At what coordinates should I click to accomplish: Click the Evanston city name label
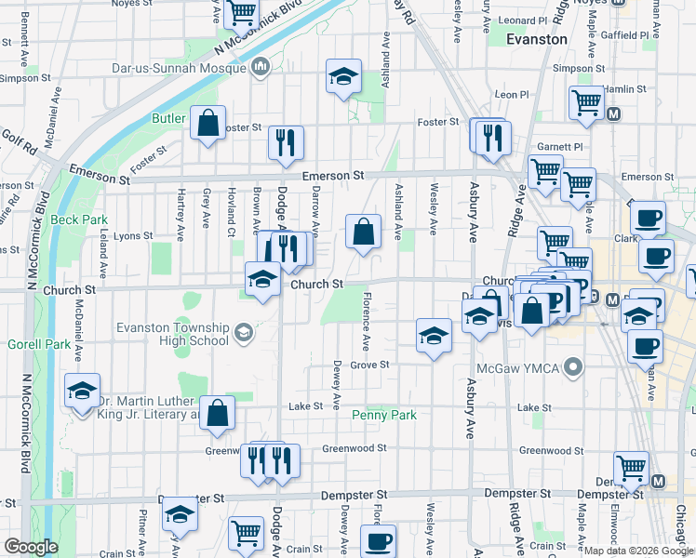click(x=537, y=40)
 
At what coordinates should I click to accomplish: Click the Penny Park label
click(x=383, y=415)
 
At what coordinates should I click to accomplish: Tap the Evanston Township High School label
click(x=172, y=334)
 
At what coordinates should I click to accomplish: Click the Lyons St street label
click(x=132, y=236)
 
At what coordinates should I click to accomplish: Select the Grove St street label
click(x=368, y=365)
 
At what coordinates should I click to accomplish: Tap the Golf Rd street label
click(x=18, y=146)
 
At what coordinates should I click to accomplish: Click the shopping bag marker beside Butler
click(x=207, y=122)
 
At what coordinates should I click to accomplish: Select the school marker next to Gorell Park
click(x=82, y=391)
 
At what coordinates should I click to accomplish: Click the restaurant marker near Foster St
click(x=285, y=141)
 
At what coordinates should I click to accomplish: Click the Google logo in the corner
click(x=31, y=547)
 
